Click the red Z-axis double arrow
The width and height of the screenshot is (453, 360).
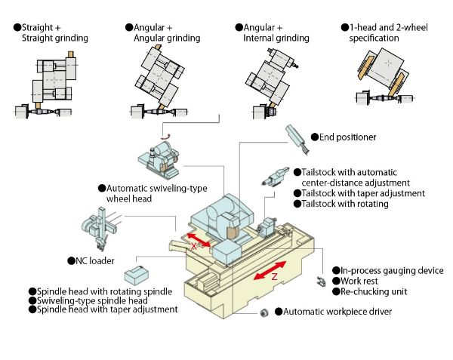click(270, 270)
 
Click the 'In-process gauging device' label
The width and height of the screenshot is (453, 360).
click(392, 270)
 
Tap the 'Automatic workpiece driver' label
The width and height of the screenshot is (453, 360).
click(337, 311)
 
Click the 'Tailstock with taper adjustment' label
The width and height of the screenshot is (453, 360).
click(361, 193)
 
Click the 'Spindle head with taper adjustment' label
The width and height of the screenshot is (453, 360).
click(108, 309)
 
